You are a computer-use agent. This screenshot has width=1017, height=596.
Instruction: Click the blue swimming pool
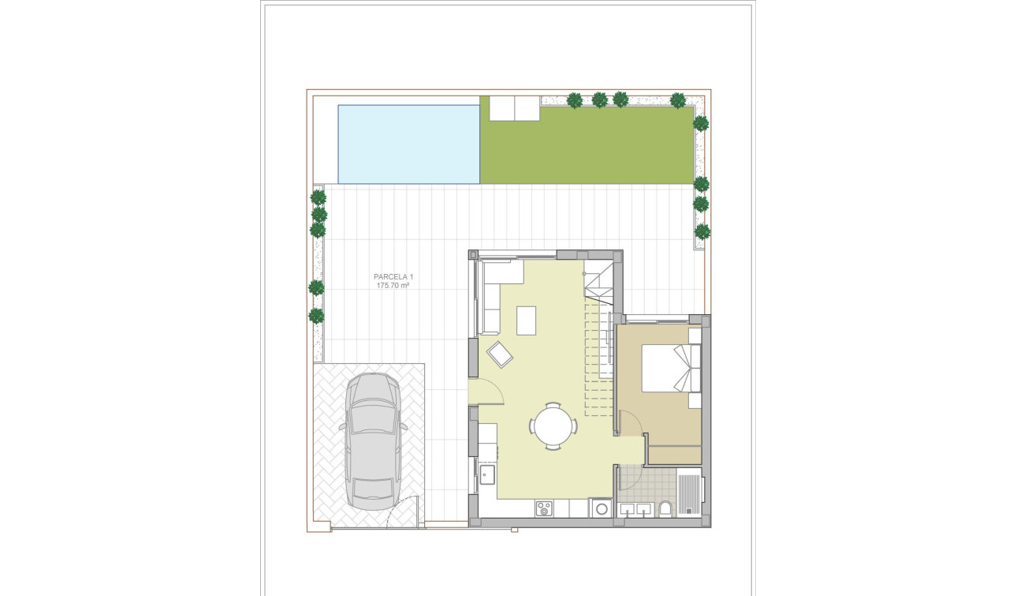[x=408, y=144]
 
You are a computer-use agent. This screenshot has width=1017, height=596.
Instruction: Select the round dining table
[x=553, y=426]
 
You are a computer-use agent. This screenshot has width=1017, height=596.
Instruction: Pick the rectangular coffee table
[x=526, y=320]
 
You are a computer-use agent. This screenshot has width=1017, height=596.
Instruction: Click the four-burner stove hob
[x=544, y=509]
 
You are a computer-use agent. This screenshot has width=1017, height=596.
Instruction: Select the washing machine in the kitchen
[x=602, y=508]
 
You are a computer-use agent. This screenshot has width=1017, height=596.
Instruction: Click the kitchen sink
[x=486, y=474]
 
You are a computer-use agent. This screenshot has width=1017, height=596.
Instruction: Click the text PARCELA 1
[x=393, y=277]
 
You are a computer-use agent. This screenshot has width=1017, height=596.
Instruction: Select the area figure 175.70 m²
[x=393, y=286]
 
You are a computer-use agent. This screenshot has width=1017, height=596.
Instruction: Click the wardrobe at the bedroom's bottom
[x=674, y=455]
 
